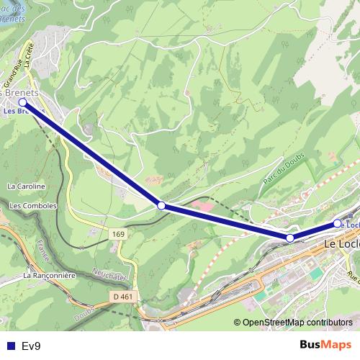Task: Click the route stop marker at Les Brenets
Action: tap(23, 103)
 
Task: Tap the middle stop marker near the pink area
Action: tap(161, 206)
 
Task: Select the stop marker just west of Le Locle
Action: tap(290, 238)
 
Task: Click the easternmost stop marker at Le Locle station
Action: tap(337, 224)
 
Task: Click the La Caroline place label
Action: tap(26, 186)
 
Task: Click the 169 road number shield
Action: tap(119, 234)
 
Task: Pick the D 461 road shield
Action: tap(123, 296)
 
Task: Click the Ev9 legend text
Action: tap(31, 346)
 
